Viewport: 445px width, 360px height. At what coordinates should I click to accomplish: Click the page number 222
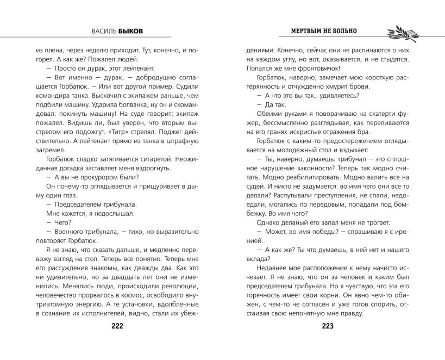tap(117, 326)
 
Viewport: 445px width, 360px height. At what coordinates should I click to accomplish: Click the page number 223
tap(327, 326)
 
